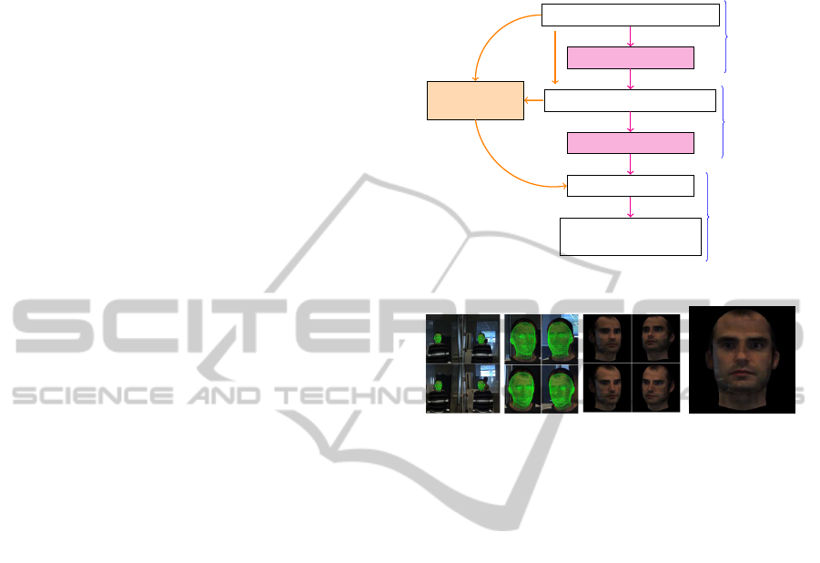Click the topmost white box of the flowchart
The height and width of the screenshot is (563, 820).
(x=630, y=15)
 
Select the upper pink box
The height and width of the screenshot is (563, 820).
(x=630, y=58)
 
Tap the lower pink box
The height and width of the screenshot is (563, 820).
(x=630, y=142)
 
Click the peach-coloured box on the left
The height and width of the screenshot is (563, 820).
(x=476, y=100)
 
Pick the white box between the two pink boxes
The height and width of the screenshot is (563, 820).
(x=630, y=100)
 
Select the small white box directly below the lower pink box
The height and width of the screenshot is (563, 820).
(x=630, y=185)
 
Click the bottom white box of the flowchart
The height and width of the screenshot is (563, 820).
(x=630, y=236)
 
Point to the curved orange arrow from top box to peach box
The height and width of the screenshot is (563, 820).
(x=491, y=36)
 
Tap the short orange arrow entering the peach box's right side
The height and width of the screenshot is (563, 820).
(x=534, y=100)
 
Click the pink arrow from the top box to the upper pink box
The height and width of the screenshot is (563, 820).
(x=631, y=36)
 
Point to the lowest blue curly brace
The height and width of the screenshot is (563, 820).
(x=707, y=217)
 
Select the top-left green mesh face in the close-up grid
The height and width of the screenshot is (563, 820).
(x=522, y=337)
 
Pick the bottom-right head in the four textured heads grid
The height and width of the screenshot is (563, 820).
(x=655, y=388)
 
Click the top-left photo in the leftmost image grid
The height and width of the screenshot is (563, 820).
(x=444, y=338)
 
